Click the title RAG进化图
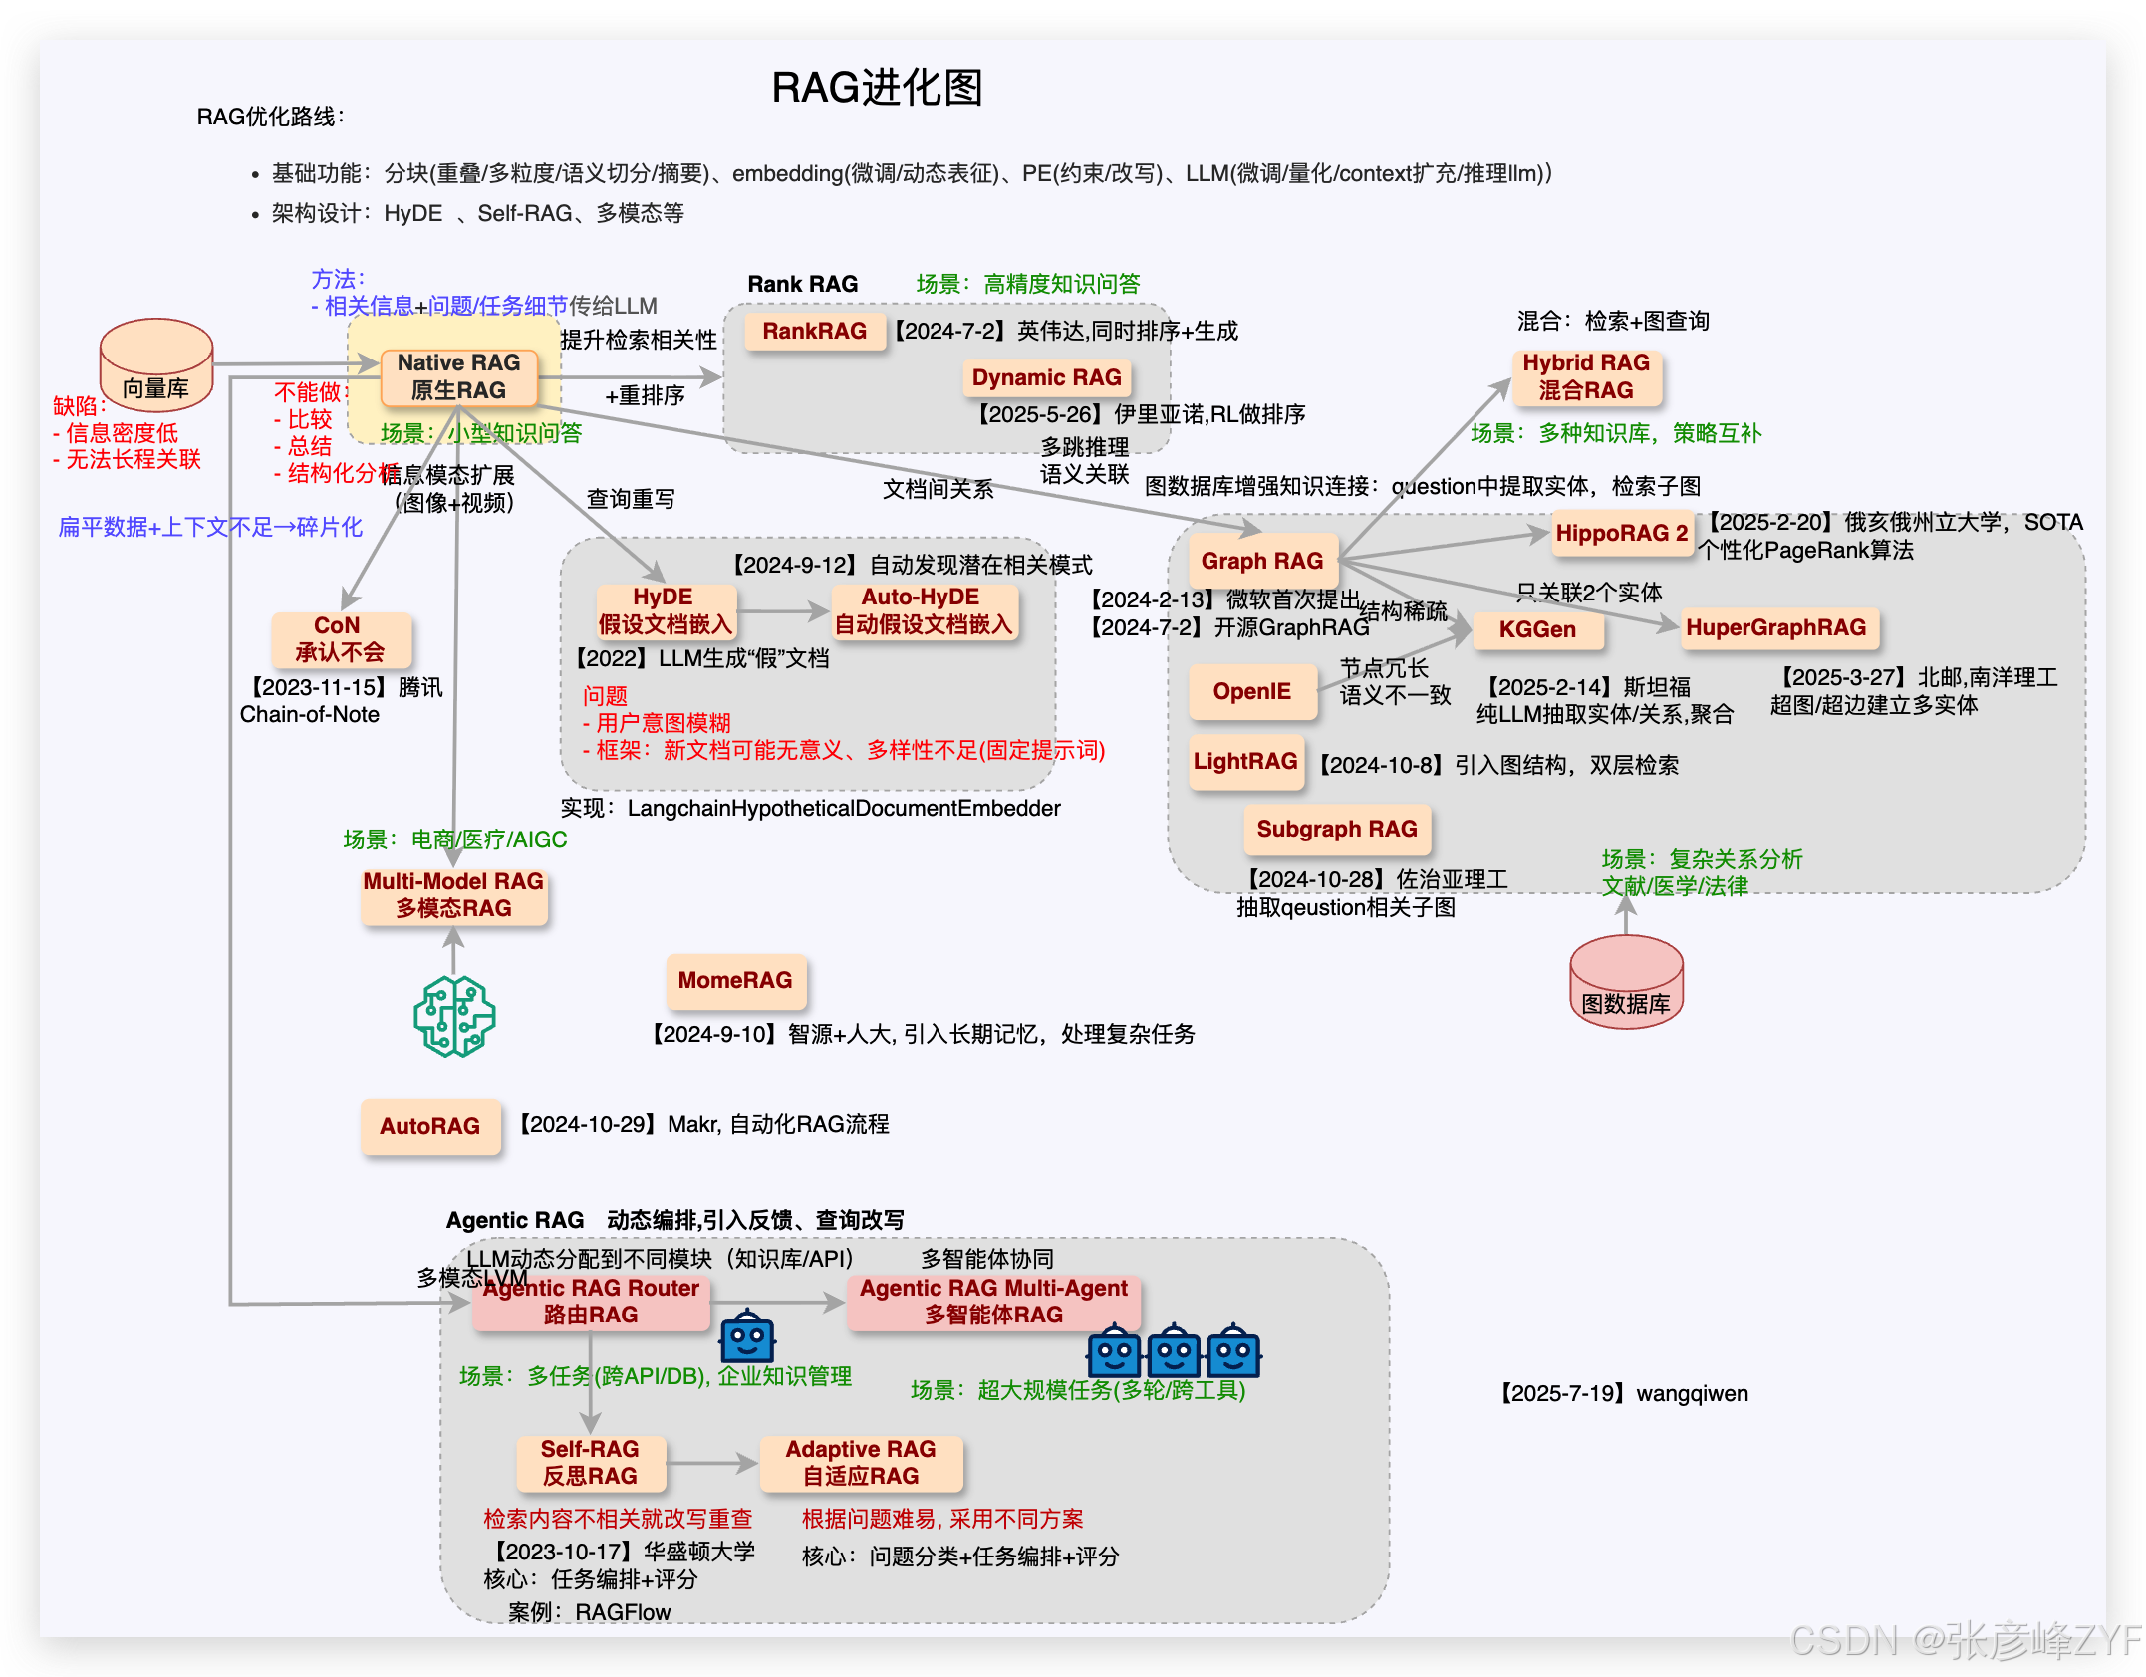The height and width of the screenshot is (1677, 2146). [877, 88]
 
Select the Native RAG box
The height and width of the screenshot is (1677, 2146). [458, 377]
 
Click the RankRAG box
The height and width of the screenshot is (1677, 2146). [814, 331]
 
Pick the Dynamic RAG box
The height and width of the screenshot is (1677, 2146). [1046, 378]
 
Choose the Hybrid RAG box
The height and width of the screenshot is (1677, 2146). [1586, 377]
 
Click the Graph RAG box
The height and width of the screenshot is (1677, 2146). [1261, 561]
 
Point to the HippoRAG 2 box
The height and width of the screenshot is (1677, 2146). [1621, 534]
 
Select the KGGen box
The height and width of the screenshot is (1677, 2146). [1537, 629]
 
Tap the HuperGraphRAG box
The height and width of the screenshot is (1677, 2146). [1775, 628]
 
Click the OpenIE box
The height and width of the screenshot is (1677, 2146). [1251, 691]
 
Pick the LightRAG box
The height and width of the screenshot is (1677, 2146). [1245, 762]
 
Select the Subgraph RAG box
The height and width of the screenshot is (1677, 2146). [1336, 830]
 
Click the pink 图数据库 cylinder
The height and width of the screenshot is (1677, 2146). [1626, 982]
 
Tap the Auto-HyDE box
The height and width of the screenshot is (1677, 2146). [923, 611]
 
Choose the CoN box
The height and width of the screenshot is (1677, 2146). [340, 639]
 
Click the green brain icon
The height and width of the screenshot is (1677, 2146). [454, 1016]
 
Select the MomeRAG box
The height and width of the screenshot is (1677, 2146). [735, 981]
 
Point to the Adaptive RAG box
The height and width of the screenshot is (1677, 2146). [861, 1463]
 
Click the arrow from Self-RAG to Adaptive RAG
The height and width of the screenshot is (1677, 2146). [711, 1463]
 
